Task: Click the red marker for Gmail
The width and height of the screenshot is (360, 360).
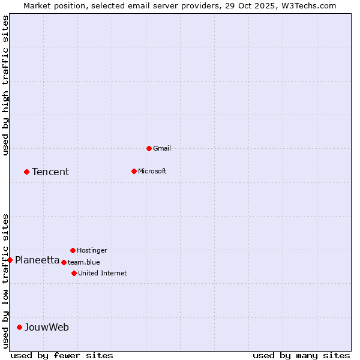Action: click(x=149, y=148)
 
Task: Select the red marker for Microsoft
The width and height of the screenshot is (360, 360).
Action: click(x=134, y=171)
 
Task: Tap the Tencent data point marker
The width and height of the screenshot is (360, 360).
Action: click(x=26, y=172)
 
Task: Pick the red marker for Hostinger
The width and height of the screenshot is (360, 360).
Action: click(x=73, y=250)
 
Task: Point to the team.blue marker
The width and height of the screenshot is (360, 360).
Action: click(x=64, y=262)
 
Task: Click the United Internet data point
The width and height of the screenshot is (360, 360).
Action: click(x=74, y=273)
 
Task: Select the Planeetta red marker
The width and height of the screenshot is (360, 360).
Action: click(x=10, y=260)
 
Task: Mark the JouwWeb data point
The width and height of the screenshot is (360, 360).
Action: click(x=19, y=327)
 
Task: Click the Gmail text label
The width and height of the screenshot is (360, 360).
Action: click(x=162, y=148)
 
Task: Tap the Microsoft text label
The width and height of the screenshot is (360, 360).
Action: click(x=152, y=171)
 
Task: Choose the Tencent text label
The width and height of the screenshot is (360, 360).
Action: click(x=50, y=172)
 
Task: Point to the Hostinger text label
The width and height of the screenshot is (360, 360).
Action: click(x=92, y=250)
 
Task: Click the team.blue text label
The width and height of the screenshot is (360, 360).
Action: click(x=83, y=262)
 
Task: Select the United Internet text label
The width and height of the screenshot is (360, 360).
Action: click(x=102, y=273)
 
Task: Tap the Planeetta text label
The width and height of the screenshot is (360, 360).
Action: click(x=37, y=260)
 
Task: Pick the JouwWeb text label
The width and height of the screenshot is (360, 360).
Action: click(x=46, y=327)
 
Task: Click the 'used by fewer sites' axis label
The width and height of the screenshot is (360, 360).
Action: click(x=62, y=355)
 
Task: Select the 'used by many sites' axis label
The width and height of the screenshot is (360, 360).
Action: click(x=301, y=355)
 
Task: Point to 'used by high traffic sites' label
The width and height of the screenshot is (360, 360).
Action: click(x=5, y=85)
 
